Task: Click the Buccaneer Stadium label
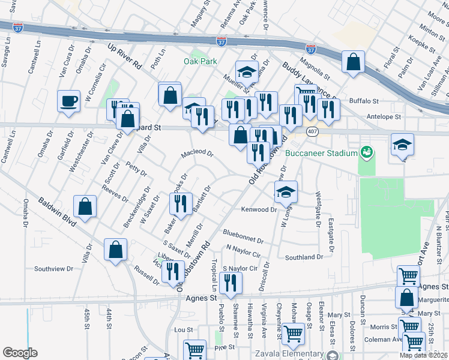click(x=322, y=152)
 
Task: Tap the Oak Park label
click(x=200, y=61)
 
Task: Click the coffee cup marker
click(x=69, y=100)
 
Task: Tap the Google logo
click(x=20, y=353)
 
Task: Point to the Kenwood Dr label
click(x=259, y=209)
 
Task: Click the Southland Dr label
click(x=304, y=257)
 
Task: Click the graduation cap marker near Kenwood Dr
click(x=286, y=191)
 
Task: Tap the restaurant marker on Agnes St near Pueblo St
click(x=231, y=282)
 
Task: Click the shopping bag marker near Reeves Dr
click(x=86, y=206)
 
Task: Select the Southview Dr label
click(x=53, y=269)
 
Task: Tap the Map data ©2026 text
click(x=424, y=355)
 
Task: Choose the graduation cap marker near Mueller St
click(x=246, y=73)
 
